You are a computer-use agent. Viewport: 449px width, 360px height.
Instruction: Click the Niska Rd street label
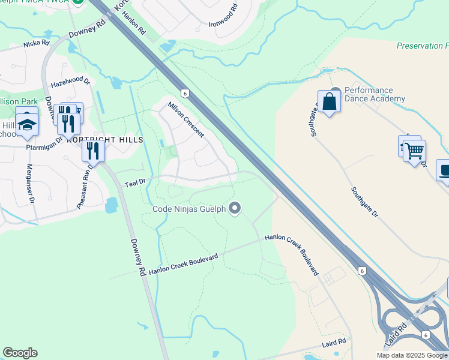pyautogui.click(x=37, y=44)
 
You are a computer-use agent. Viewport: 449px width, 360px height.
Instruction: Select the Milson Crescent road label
pyautogui.click(x=186, y=119)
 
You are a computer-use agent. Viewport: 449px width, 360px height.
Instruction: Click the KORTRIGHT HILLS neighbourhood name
pyautogui.click(x=105, y=140)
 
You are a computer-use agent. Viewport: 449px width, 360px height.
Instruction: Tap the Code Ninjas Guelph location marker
pyautogui.click(x=235, y=209)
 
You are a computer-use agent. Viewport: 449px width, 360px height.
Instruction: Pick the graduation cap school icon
pyautogui.click(x=27, y=125)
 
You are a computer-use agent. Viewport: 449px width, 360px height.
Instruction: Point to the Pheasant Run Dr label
pyautogui.click(x=85, y=187)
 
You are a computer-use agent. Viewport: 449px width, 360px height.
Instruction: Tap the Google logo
pyautogui.click(x=20, y=353)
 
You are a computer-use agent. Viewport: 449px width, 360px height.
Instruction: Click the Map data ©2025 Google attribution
pyautogui.click(x=411, y=355)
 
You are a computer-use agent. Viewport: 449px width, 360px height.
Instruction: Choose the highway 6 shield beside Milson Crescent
pyautogui.click(x=186, y=93)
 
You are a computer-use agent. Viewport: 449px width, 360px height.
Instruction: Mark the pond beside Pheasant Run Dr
pyautogui.click(x=111, y=206)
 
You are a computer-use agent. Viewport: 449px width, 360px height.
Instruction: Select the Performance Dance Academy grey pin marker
pyautogui.click(x=336, y=92)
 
